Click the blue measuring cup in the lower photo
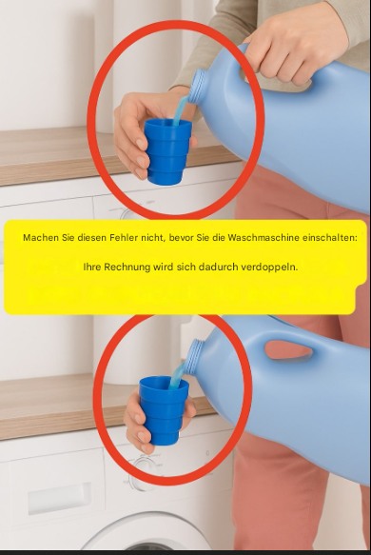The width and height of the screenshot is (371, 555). (164, 409)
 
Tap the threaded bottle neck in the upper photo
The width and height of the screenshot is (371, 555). (198, 86)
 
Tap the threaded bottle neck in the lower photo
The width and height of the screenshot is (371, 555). (194, 355)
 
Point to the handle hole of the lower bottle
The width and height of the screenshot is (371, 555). (288, 349)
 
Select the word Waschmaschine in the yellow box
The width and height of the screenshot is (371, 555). (264, 237)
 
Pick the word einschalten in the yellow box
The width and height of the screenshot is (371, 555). (330, 237)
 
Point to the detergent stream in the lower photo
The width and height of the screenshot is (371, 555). (177, 374)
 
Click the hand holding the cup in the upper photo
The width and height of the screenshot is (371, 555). (142, 132)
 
